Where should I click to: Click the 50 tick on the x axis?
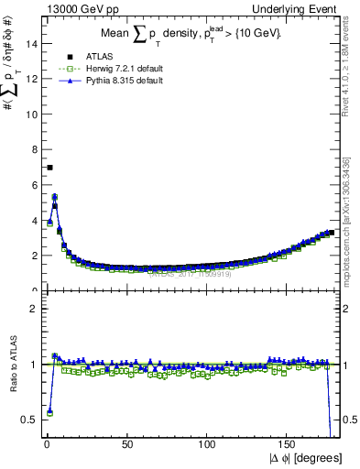(127, 444)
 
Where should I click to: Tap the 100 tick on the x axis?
(208, 444)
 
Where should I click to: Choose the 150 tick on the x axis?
(289, 444)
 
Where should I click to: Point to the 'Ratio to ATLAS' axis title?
(12, 364)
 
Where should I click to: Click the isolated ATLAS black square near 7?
(49, 168)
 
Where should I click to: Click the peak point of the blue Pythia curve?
(55, 196)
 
